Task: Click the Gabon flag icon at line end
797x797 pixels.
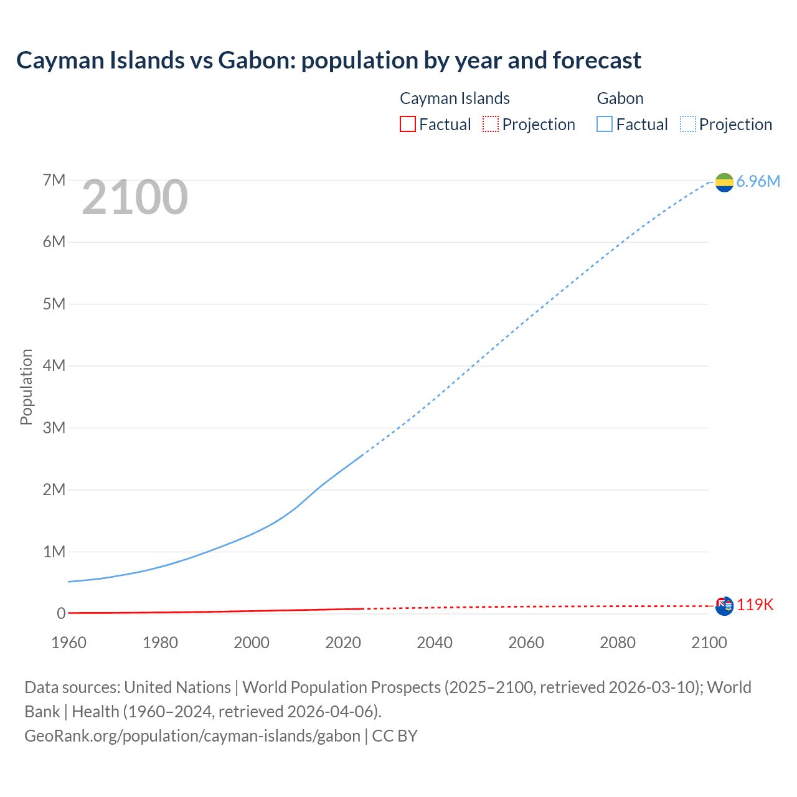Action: [724, 182]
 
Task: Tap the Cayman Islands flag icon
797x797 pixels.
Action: [724, 606]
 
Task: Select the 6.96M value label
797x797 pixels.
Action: [758, 181]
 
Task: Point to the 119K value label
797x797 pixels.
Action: [755, 605]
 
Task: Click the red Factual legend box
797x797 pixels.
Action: [407, 125]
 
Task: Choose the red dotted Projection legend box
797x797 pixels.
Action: [491, 125]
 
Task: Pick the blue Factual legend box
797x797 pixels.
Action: [604, 125]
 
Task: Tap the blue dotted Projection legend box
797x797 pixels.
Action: [688, 125]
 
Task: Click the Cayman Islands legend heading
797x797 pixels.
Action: [455, 98]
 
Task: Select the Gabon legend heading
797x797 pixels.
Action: [620, 98]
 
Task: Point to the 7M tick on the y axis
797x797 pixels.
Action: [54, 181]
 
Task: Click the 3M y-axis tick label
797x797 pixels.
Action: [54, 428]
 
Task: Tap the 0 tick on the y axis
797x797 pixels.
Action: [61, 613]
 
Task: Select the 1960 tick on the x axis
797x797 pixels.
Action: [69, 643]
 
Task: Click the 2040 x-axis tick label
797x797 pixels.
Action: [435, 643]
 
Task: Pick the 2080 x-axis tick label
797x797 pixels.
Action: [618, 643]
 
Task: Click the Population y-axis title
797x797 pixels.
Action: [26, 387]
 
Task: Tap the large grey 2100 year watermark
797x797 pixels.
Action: [134, 197]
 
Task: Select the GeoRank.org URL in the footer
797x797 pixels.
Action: [192, 736]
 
